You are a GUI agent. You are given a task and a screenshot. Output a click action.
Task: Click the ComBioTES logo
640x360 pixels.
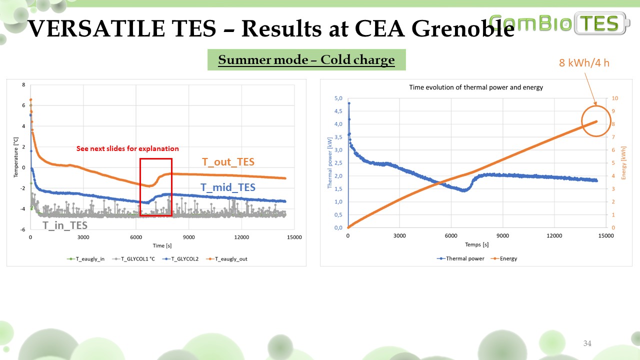[559, 23]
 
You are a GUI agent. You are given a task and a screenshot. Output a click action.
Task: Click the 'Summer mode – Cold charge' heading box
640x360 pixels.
[306, 59]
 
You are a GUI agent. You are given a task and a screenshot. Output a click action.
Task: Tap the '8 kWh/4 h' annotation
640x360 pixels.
[584, 63]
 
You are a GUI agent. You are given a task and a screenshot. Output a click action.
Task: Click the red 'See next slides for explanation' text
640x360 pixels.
[127, 148]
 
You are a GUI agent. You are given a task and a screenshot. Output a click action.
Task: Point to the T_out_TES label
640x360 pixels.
[228, 162]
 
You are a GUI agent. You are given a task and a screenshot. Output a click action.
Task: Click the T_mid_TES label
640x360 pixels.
[227, 187]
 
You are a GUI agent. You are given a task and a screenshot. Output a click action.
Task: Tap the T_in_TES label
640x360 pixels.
[65, 225]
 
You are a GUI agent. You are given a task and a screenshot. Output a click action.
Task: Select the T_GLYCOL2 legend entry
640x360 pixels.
[180, 259]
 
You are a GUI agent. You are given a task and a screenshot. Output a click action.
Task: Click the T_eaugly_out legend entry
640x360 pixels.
[226, 259]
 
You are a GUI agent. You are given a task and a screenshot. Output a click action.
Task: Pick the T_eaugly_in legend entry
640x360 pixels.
[85, 259]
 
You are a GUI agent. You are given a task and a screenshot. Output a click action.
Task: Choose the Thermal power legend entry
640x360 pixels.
[460, 258]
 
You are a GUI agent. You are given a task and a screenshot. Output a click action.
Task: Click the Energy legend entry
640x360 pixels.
[504, 258]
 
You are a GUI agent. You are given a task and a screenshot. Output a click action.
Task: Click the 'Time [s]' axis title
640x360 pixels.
[162, 245]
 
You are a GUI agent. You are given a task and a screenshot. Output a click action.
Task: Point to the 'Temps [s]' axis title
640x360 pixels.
[477, 244]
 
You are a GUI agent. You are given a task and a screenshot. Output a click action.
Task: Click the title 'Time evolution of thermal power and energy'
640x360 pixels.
[476, 87]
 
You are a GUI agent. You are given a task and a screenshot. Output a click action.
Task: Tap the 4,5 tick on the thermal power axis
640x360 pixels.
[338, 111]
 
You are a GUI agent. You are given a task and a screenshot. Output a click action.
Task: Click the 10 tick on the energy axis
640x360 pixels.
[615, 98]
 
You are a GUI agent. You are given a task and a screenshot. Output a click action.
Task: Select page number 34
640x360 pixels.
[587, 343]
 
